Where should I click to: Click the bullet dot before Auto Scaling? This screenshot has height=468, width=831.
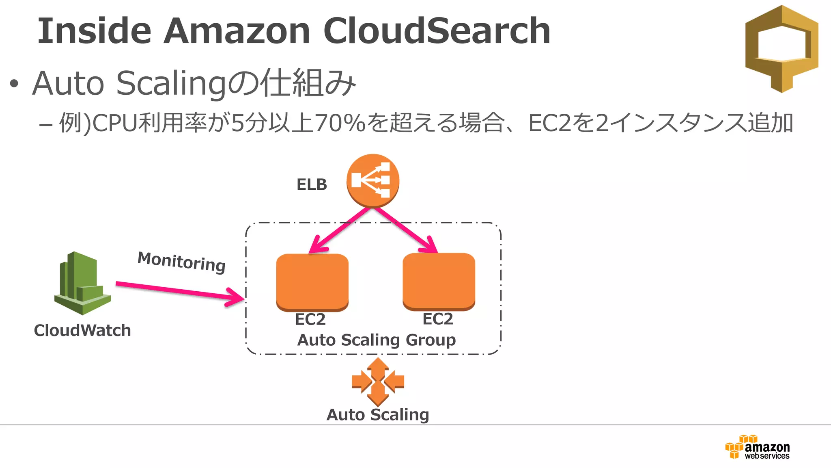(14, 84)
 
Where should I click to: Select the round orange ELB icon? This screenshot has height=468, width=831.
(372, 180)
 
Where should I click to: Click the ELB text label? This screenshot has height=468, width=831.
(312, 185)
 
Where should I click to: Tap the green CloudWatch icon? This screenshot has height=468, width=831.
(82, 283)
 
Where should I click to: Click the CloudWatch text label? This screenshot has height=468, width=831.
(82, 330)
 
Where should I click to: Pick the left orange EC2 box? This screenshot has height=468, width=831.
(312, 282)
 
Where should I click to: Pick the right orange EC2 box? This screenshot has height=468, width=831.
(439, 281)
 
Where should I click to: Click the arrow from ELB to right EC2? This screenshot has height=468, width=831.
(406, 230)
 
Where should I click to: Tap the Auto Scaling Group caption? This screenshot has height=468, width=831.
(376, 340)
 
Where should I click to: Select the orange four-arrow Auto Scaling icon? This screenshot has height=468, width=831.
(378, 382)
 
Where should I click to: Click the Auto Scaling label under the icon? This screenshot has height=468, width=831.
(378, 415)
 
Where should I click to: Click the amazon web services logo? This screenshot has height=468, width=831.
(758, 447)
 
